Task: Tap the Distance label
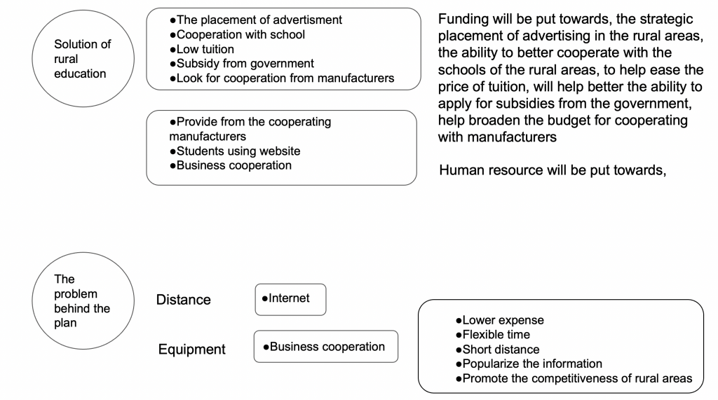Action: (x=183, y=300)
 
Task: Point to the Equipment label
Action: (x=192, y=349)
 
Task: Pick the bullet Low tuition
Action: (x=201, y=49)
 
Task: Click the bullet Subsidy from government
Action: (x=242, y=63)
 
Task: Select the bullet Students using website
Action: (x=235, y=151)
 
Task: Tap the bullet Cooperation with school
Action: (x=237, y=34)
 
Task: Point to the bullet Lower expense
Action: (x=500, y=320)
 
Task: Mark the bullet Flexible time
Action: (x=493, y=335)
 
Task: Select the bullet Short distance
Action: (x=498, y=349)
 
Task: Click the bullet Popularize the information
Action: (x=529, y=364)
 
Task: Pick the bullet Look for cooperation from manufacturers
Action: (x=282, y=78)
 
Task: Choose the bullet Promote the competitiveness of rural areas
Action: (x=574, y=378)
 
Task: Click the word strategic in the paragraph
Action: (x=668, y=19)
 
